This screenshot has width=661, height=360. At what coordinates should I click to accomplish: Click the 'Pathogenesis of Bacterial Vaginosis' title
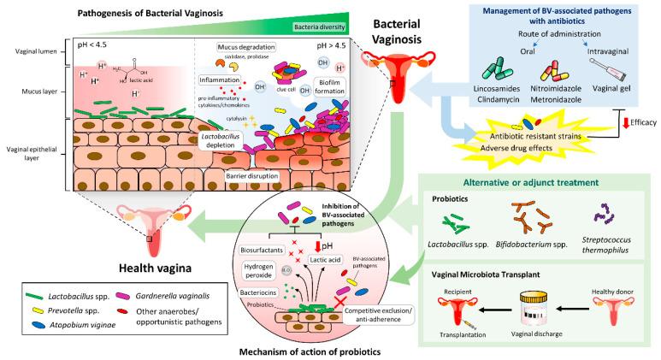[132, 14]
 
